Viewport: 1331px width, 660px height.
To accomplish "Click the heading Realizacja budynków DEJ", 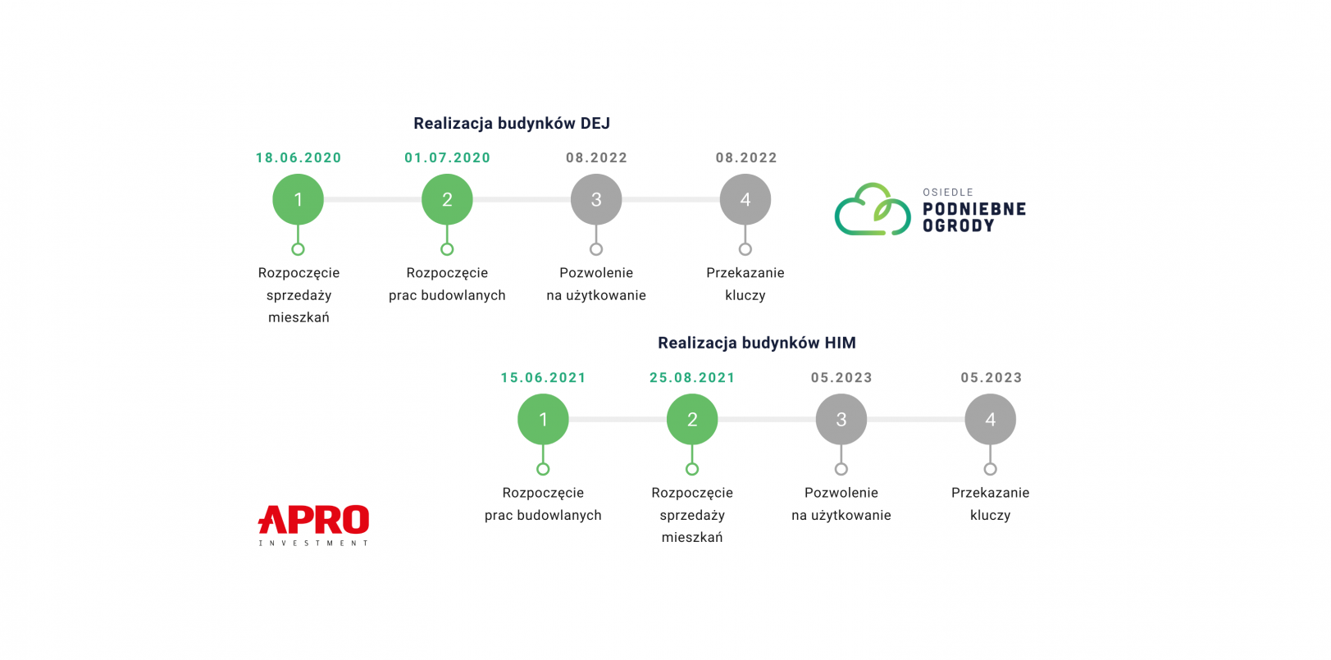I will [511, 124].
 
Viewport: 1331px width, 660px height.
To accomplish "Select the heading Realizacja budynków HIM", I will [756, 344].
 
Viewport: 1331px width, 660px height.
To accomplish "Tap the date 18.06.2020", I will [299, 158].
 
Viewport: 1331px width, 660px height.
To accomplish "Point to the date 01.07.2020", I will [447, 158].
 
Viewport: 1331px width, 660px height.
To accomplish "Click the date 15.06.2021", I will [543, 378].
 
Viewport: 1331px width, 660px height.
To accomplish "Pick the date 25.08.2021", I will [692, 378].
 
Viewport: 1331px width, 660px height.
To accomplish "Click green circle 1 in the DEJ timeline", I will [299, 199].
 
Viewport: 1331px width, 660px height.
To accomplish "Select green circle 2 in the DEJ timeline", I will [447, 199].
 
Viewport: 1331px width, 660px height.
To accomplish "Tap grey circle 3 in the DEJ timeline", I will [596, 199].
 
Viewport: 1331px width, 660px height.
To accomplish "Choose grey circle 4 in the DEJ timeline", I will [745, 199].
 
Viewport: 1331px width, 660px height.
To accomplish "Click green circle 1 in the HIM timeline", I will [543, 419].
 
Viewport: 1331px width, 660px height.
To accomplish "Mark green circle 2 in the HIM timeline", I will [692, 419].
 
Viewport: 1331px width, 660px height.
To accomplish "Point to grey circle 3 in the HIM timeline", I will [841, 419].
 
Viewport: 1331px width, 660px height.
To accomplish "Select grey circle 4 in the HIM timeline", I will [991, 419].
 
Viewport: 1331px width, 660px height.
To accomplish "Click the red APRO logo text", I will [314, 520].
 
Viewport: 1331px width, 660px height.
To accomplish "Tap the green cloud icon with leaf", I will [873, 210].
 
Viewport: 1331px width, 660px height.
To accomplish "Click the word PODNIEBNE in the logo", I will [974, 209].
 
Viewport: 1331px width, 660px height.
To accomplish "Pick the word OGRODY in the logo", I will [958, 225].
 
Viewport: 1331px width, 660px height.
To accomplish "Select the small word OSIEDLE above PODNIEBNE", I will [948, 193].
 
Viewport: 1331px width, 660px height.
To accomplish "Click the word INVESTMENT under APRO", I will [314, 543].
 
